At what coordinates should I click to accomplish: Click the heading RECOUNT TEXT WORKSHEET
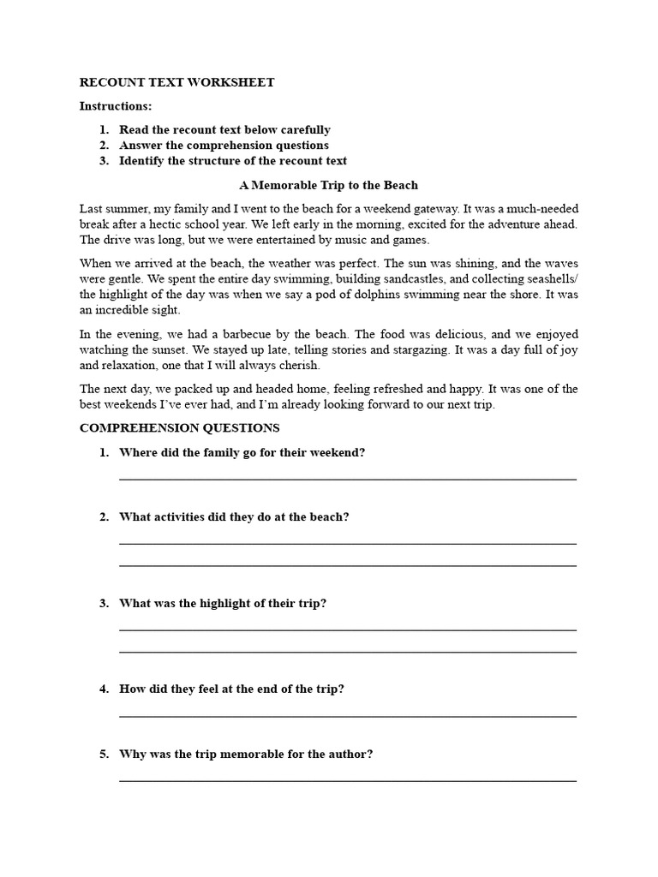[x=177, y=83]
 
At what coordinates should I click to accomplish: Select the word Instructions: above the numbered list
[x=116, y=106]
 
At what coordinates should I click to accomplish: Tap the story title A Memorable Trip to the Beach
[x=328, y=185]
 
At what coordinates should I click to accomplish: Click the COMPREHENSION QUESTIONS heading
[x=179, y=427]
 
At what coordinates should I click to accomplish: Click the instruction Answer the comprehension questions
[x=224, y=146]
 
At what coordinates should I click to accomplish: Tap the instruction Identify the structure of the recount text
[x=233, y=161]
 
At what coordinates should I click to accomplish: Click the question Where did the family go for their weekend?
[x=242, y=453]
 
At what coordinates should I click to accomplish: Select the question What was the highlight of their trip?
[x=223, y=604]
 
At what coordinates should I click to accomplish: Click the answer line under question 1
[x=347, y=479]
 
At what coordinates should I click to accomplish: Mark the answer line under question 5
[x=347, y=780]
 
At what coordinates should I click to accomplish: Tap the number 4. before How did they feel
[x=104, y=689]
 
